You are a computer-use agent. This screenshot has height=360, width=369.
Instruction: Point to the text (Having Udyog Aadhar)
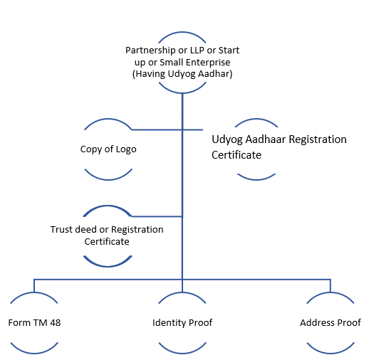click(x=182, y=74)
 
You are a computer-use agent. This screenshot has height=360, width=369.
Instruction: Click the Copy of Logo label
click(x=108, y=149)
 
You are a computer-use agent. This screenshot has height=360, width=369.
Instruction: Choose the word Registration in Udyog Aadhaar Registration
click(x=318, y=139)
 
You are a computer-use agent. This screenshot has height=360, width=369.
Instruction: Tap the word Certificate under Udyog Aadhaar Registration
click(x=237, y=155)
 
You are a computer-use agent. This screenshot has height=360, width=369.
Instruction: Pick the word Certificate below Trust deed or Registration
click(x=107, y=242)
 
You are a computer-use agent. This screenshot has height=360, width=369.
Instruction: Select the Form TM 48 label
click(x=34, y=323)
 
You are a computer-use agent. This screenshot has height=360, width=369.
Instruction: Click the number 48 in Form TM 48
click(x=55, y=323)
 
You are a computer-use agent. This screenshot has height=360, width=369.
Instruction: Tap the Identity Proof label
click(x=182, y=323)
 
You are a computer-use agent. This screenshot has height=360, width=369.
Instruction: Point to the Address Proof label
click(x=331, y=323)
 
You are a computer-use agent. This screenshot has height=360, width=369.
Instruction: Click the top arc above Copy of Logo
click(x=108, y=119)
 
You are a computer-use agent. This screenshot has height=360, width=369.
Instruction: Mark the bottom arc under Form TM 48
click(x=34, y=353)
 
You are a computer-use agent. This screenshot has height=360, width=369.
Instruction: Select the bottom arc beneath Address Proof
click(x=331, y=353)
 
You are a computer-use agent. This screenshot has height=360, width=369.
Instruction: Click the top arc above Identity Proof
click(x=182, y=293)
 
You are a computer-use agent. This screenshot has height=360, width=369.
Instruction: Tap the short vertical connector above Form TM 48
click(x=34, y=286)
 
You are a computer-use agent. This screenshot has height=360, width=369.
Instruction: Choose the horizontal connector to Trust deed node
click(x=157, y=216)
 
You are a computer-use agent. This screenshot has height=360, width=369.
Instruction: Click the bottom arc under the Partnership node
click(x=182, y=92)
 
